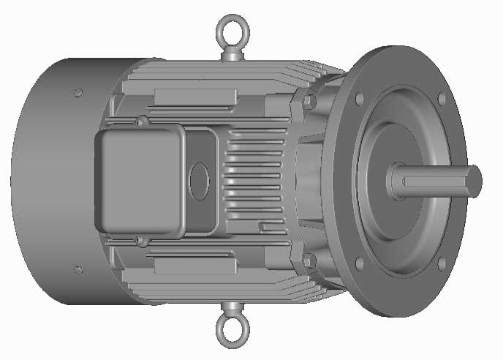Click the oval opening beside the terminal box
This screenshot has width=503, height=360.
199,179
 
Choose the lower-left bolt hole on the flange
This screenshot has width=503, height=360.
359,263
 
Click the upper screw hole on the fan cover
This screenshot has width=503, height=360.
78,92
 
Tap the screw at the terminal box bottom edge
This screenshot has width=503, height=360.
139,239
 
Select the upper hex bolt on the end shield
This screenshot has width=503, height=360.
309,100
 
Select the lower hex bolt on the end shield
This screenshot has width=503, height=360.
309,260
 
